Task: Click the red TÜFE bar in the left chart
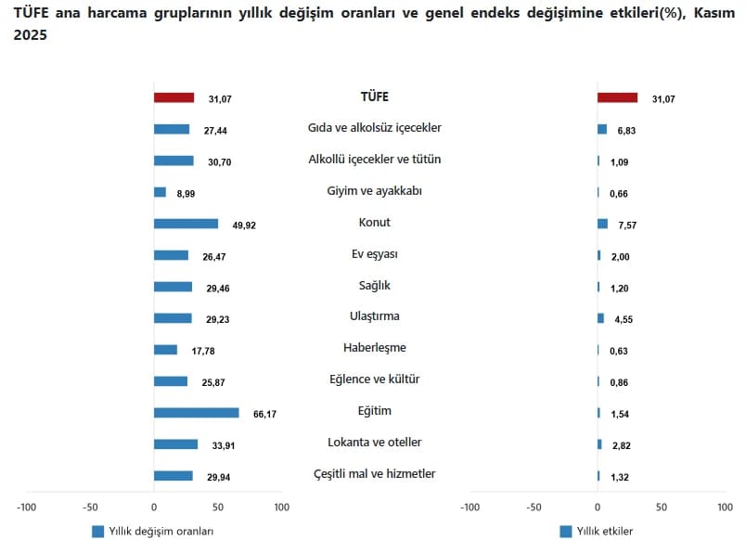[174, 97]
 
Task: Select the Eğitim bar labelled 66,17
[196, 413]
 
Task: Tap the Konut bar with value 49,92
[186, 224]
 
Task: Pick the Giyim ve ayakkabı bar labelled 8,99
[160, 192]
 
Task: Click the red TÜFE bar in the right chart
[617, 97]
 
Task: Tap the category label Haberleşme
[375, 348]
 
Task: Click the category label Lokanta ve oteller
[375, 443]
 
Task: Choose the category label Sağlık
[375, 285]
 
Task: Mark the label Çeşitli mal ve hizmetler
[375, 474]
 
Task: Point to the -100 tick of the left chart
[27, 508]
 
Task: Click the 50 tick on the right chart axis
[662, 508]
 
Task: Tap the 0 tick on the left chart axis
[154, 508]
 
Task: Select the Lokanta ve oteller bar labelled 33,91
[175, 444]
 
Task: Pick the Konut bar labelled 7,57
[603, 224]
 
